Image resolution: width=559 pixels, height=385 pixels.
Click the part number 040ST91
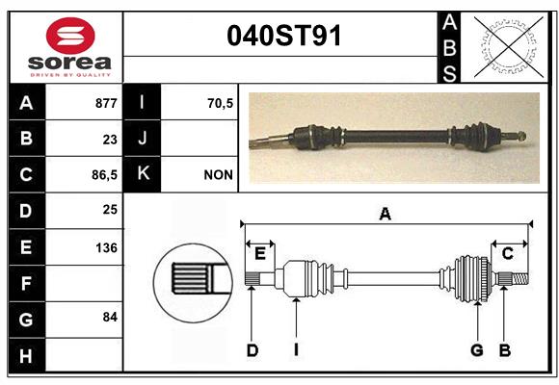click(x=284, y=36)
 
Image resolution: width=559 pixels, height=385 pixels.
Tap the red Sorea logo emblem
click(x=70, y=36)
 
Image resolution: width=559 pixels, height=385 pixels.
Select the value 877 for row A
click(x=106, y=103)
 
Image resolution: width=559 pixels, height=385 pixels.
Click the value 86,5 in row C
click(x=104, y=175)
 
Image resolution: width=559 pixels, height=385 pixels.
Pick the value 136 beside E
click(x=106, y=247)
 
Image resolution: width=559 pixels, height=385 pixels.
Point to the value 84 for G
click(x=110, y=317)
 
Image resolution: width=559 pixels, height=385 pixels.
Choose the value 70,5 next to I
click(x=220, y=103)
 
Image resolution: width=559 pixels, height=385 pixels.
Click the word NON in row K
click(x=218, y=175)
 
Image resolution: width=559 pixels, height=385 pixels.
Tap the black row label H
click(x=27, y=355)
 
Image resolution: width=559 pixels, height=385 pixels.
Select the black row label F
click(x=27, y=283)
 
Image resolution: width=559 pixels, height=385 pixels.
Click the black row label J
click(x=142, y=138)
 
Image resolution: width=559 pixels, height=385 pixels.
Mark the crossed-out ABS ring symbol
click(x=509, y=46)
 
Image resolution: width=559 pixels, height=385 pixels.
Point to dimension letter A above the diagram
click(x=386, y=214)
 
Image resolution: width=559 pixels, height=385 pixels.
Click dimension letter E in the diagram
click(x=260, y=253)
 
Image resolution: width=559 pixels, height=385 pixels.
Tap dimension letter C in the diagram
click(x=507, y=253)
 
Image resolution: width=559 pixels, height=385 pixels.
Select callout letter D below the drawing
click(x=253, y=350)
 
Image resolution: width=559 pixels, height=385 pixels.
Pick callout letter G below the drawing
click(x=477, y=350)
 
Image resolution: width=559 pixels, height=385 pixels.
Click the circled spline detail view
click(x=193, y=283)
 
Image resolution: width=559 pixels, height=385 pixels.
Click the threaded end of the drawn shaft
click(x=520, y=278)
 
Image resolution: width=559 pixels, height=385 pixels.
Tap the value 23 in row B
click(x=110, y=140)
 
